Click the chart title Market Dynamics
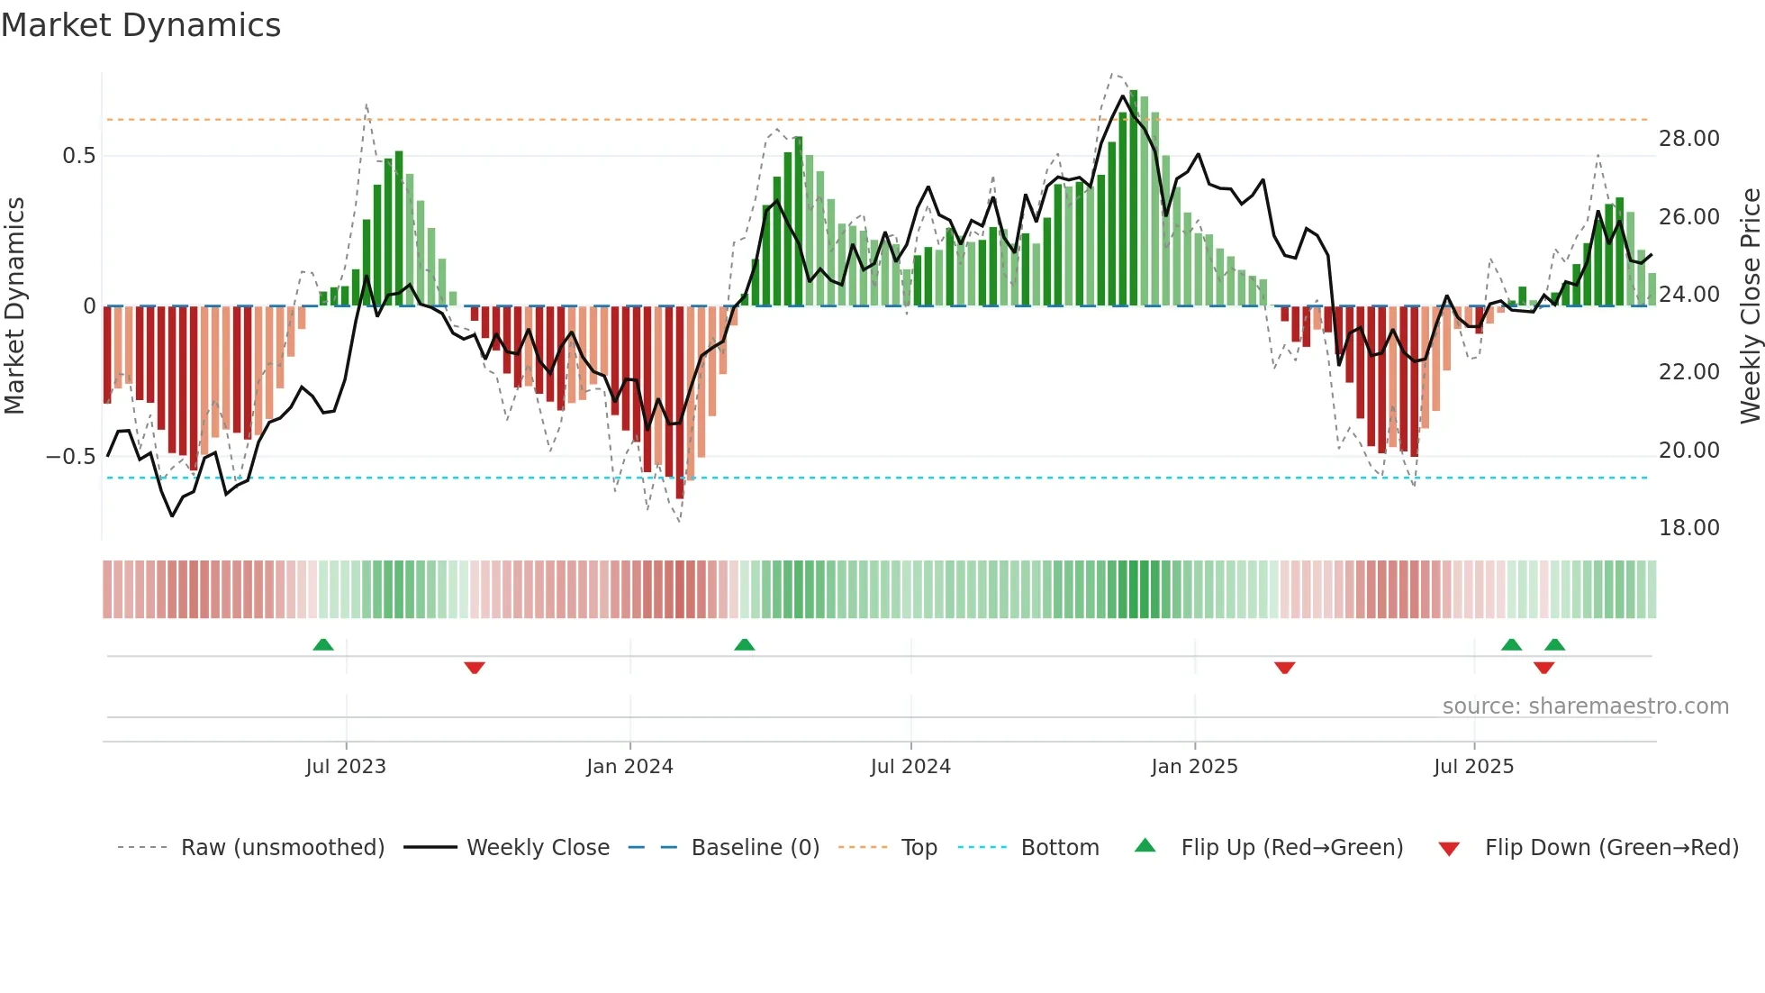click(x=140, y=25)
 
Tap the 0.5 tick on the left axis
click(x=78, y=156)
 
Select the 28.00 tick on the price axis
click(x=1688, y=139)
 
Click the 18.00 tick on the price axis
click(x=1688, y=528)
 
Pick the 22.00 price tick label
click(x=1688, y=372)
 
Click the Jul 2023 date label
click(x=346, y=767)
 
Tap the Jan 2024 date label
click(x=629, y=767)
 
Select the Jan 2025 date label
click(x=1194, y=767)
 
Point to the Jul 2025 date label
click(x=1473, y=767)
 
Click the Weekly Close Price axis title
click(x=1750, y=305)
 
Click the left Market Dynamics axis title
click(x=14, y=305)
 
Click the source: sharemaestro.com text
click(x=1585, y=706)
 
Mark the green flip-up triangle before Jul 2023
click(x=323, y=644)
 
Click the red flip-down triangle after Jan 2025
click(x=1285, y=668)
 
